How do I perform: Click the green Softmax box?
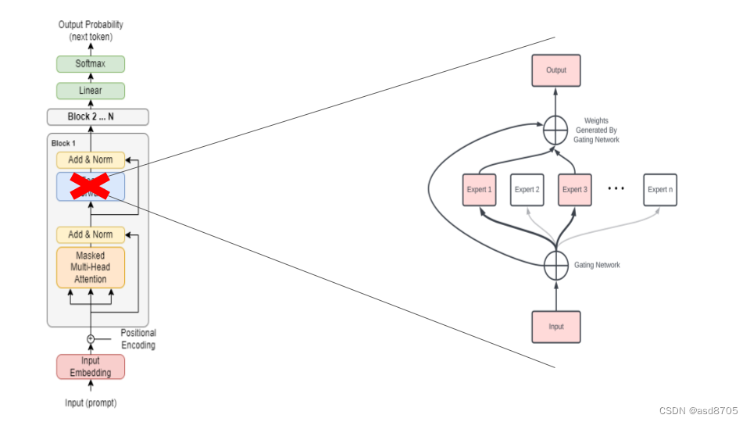(x=91, y=64)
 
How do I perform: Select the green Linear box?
(x=91, y=91)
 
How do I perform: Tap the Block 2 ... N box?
(x=98, y=117)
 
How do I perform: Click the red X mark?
(x=89, y=186)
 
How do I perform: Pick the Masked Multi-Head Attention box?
(x=91, y=267)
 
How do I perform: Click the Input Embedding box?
(x=91, y=367)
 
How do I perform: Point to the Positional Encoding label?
(x=138, y=338)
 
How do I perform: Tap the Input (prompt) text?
(x=91, y=403)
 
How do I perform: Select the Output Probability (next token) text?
(x=91, y=30)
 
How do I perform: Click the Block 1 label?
(x=64, y=144)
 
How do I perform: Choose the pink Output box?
(x=556, y=70)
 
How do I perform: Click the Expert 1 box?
(x=480, y=190)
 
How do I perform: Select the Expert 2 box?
(x=527, y=190)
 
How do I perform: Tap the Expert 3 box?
(x=575, y=190)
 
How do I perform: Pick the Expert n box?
(x=660, y=190)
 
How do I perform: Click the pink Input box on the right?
(x=556, y=327)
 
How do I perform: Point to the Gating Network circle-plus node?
(x=556, y=266)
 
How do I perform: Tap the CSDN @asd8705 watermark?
(x=698, y=410)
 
